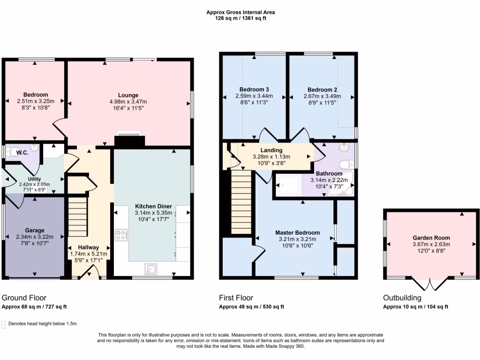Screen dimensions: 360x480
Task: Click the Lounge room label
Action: [x=128, y=95]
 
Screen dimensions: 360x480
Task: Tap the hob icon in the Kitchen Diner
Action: [x=121, y=235]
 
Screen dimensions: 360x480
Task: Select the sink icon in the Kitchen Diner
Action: [x=151, y=269]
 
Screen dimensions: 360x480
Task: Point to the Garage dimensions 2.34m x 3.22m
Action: [x=35, y=237]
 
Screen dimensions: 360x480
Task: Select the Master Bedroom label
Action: [x=297, y=232]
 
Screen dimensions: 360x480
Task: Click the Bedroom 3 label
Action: [x=254, y=90]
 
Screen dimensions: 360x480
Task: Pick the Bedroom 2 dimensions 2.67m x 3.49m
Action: [x=322, y=96]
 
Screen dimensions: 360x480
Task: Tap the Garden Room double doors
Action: [x=429, y=283]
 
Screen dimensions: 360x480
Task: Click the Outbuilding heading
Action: [x=402, y=298]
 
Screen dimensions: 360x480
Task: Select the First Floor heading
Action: [x=236, y=298]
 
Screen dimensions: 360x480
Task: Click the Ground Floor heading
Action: [x=24, y=298]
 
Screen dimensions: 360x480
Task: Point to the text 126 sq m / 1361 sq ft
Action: [x=240, y=18]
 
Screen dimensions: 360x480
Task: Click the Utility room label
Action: [x=35, y=179]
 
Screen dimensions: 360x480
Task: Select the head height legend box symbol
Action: [x=4, y=324]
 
